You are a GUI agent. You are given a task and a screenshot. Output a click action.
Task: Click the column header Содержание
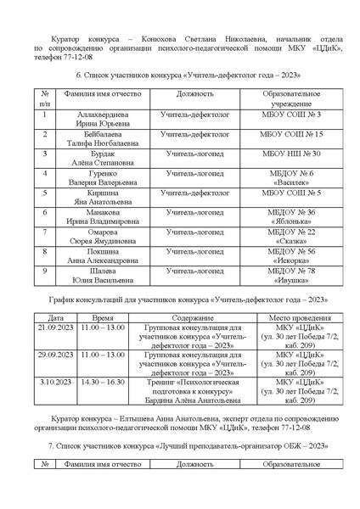click(189, 316)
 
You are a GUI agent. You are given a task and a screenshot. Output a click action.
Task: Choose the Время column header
click(103, 316)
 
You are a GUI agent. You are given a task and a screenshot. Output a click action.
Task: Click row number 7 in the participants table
click(43, 232)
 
